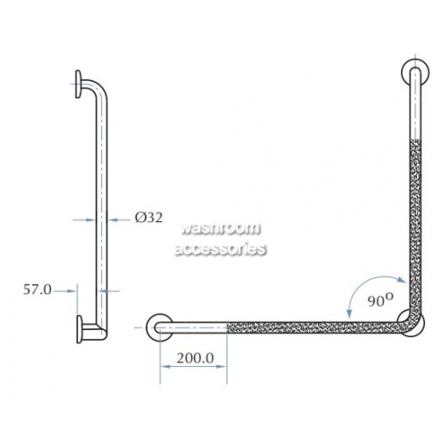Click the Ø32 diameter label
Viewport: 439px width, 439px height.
148,218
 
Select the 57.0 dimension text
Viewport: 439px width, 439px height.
37,290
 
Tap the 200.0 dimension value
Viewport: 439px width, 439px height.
195,358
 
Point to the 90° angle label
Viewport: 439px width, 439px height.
380,300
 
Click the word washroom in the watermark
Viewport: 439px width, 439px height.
220,228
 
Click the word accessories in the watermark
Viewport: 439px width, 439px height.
220,248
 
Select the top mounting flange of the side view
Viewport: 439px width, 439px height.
78,84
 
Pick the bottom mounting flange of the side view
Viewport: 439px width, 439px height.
79,329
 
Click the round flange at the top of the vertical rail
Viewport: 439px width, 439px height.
415,73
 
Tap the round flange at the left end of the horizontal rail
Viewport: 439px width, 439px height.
160,327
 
